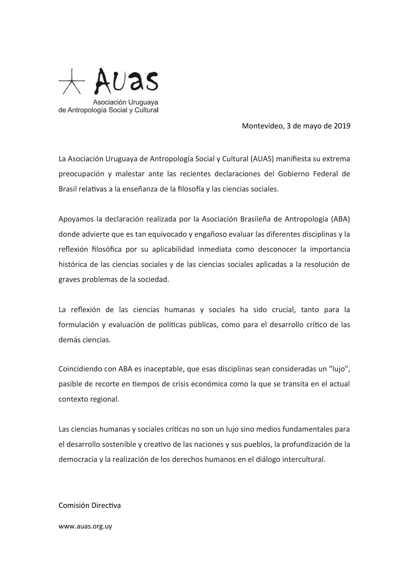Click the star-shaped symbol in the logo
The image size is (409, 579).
[x=72, y=81]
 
